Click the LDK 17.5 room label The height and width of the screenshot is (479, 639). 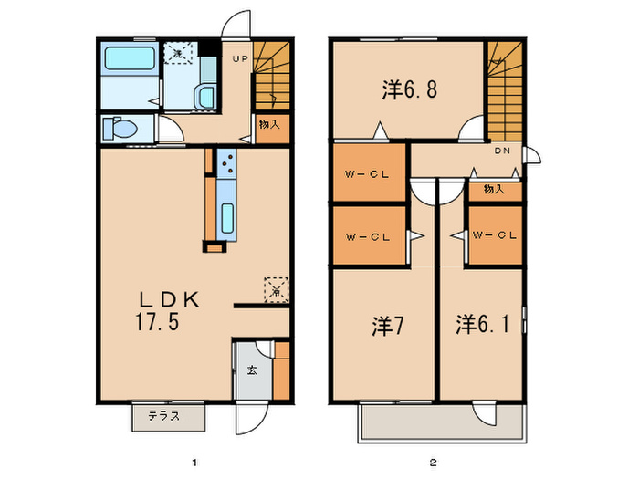coord(169,310)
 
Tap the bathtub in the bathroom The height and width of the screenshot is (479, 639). coord(128,62)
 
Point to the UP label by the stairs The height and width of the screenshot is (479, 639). coord(239,59)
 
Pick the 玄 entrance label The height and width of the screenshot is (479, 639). coord(251,371)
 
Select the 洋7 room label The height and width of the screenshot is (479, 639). coord(383,326)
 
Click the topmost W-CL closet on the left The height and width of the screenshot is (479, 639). coord(368,172)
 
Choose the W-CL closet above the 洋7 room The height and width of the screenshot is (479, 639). coord(368,236)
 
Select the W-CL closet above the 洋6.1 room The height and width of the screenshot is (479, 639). coord(495,236)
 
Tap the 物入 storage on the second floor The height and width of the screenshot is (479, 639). coord(494,190)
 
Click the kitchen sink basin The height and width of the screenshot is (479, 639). coord(227,219)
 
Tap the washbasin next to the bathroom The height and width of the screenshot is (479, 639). coord(204,95)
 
